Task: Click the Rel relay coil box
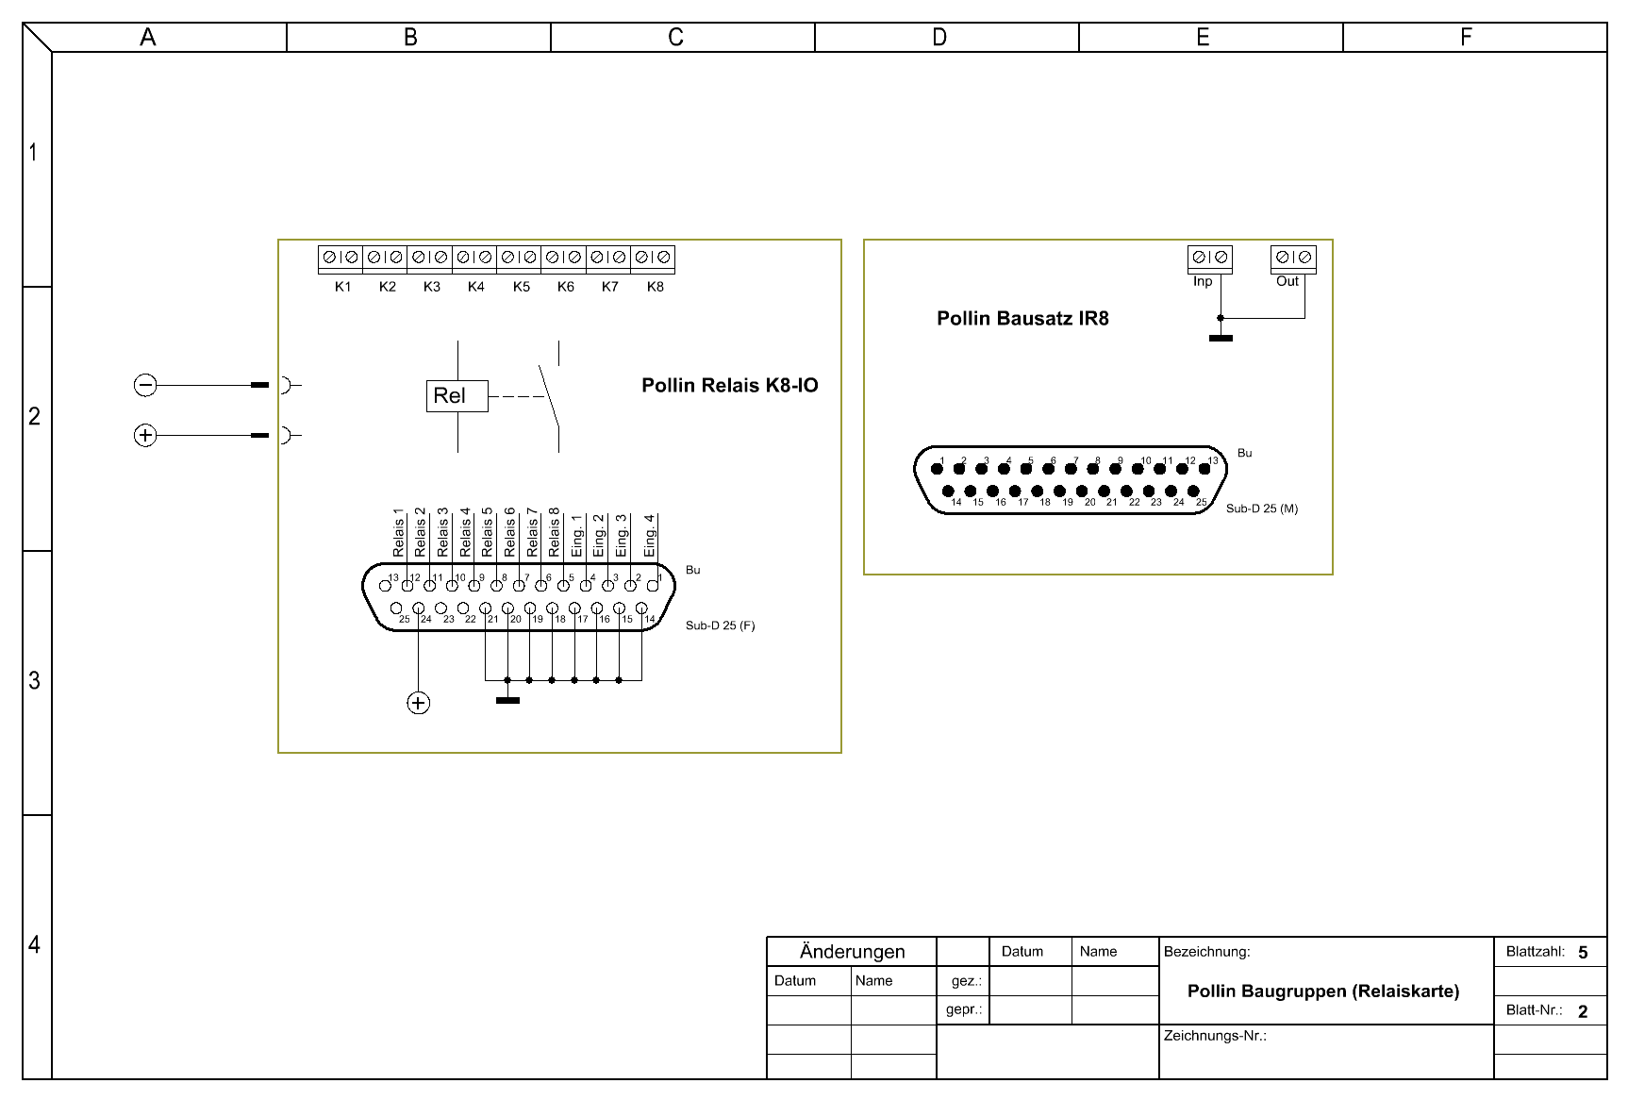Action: [457, 396]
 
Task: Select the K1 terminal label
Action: [342, 287]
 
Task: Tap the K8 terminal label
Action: [656, 287]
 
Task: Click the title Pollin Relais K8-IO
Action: [730, 385]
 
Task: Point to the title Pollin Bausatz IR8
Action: [1022, 318]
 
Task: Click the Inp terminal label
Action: [1203, 281]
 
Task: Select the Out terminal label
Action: [1287, 281]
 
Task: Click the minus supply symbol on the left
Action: [145, 385]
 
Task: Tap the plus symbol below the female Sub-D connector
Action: [418, 703]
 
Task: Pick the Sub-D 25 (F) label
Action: [720, 625]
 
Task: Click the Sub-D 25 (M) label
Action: [1262, 508]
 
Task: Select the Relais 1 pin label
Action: [398, 532]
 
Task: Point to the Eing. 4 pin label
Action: [649, 535]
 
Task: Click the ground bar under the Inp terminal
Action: [1221, 338]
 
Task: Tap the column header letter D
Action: [939, 37]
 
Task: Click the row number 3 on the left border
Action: [34, 680]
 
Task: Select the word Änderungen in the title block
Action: [853, 951]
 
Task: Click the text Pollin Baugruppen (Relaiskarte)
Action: [1323, 991]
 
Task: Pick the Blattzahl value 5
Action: [1583, 953]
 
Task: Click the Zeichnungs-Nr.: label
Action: [1215, 1036]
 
